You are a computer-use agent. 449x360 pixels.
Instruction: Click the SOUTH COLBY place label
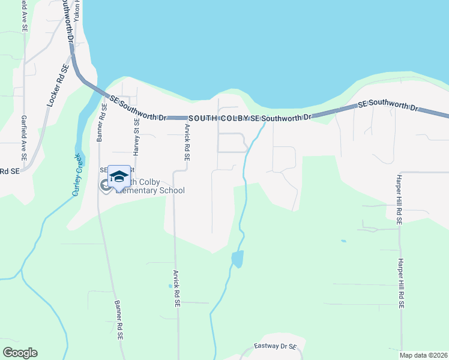click(218, 119)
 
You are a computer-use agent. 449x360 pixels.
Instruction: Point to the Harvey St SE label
click(136, 137)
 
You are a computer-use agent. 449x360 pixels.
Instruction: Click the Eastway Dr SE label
click(276, 347)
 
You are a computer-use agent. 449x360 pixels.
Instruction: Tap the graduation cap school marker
click(119, 176)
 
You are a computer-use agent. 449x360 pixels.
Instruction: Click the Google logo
click(20, 353)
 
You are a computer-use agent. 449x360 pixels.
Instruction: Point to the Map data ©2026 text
click(424, 355)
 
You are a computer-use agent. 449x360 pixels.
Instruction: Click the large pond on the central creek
click(238, 259)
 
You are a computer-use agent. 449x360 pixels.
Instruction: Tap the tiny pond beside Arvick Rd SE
click(170, 286)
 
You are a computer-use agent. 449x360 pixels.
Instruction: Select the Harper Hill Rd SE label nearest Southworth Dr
click(397, 198)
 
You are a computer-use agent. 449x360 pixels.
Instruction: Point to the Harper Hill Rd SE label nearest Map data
click(401, 284)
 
